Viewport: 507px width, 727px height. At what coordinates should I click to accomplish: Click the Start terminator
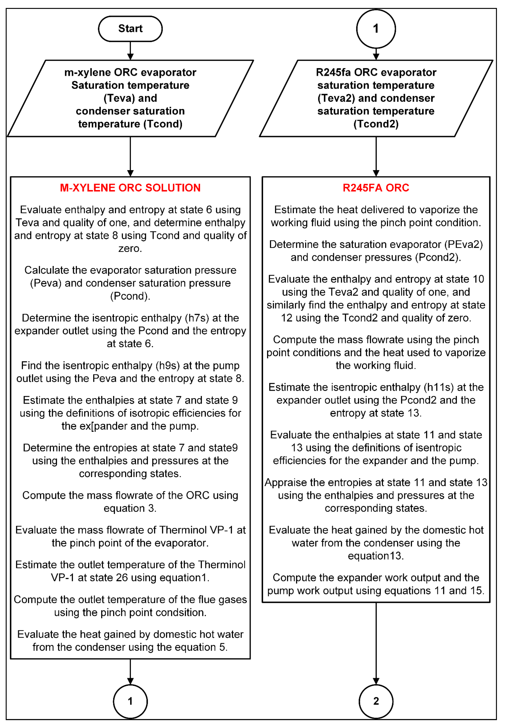pyautogui.click(x=130, y=29)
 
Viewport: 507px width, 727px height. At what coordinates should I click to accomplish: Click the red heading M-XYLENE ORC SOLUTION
pyautogui.click(x=130, y=188)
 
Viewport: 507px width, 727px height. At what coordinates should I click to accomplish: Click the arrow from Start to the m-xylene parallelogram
pyautogui.click(x=130, y=51)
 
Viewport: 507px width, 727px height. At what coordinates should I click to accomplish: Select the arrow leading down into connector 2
pyautogui.click(x=376, y=643)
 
